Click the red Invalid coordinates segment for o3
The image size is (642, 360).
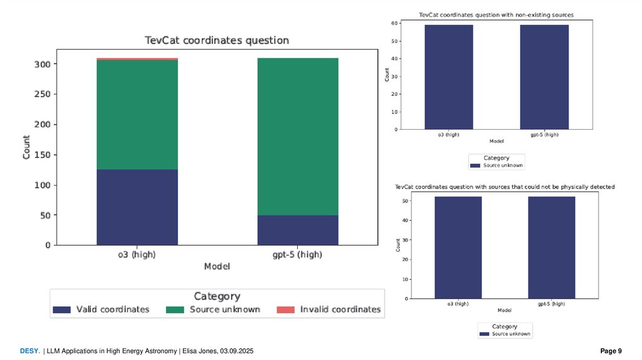click(x=137, y=59)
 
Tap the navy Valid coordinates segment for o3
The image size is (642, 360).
click(x=137, y=207)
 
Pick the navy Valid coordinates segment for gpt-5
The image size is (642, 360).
click(x=298, y=230)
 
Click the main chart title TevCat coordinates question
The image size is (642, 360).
click(x=217, y=40)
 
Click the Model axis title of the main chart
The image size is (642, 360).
click(x=217, y=267)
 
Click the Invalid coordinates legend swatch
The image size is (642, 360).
click(x=286, y=309)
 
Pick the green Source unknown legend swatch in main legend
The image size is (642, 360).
click(x=174, y=309)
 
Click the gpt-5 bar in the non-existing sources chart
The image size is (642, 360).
click(x=544, y=77)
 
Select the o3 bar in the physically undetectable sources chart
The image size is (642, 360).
click(x=458, y=248)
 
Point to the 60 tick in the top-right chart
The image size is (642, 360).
click(x=395, y=23)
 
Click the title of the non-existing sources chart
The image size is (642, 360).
click(x=496, y=14)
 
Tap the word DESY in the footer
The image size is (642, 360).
click(x=28, y=351)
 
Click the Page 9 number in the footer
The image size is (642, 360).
click(x=611, y=351)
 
